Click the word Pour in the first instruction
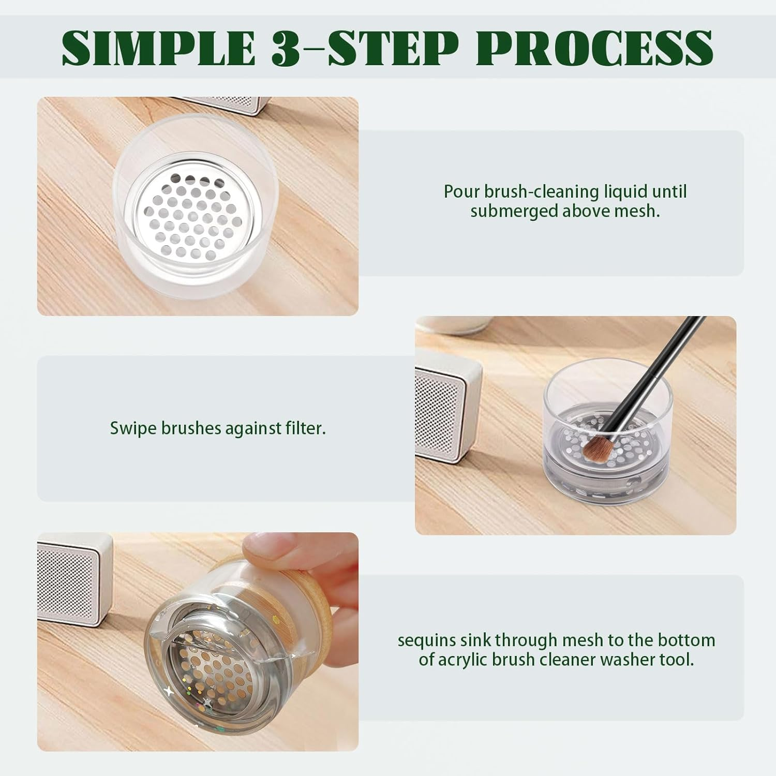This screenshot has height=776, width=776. click(x=461, y=191)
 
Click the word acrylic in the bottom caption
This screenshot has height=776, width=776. click(x=466, y=660)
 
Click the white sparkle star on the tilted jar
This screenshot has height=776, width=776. click(x=170, y=691)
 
